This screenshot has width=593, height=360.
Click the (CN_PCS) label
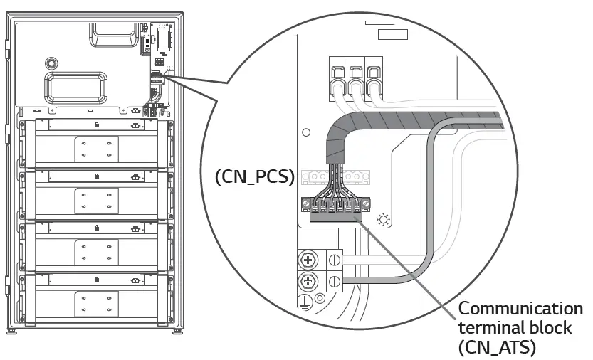click(x=254, y=176)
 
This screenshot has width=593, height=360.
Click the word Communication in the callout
click(x=520, y=309)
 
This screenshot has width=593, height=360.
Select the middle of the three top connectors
click(x=355, y=78)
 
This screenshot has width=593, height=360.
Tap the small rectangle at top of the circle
click(x=392, y=34)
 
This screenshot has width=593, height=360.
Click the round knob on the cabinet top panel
click(x=50, y=62)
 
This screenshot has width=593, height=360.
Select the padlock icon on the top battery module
click(x=96, y=125)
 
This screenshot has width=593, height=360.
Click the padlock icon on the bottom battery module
click(x=96, y=280)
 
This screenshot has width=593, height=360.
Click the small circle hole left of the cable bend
click(x=306, y=132)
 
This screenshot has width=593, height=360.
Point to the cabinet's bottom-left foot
click(x=13, y=332)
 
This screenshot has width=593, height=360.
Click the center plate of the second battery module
click(x=96, y=201)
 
